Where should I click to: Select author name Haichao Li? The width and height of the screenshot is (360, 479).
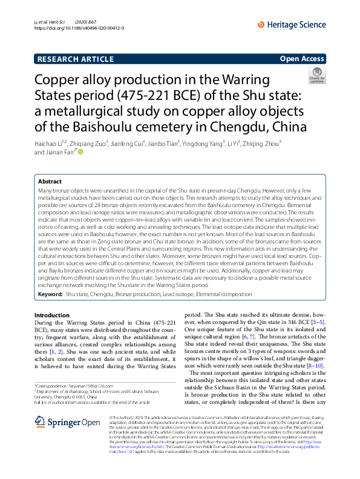(x=50, y=144)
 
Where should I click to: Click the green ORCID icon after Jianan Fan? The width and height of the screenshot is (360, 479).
(x=78, y=153)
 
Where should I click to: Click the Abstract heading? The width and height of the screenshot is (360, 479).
(x=50, y=181)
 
